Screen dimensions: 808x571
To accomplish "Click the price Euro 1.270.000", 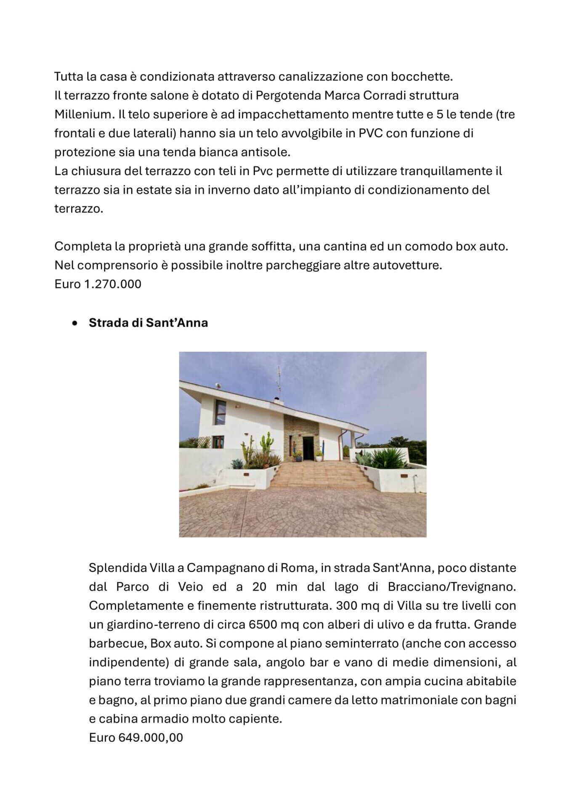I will [x=98, y=284].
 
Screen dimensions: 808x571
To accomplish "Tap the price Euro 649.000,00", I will [x=136, y=738].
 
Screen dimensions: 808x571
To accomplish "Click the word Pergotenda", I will [x=287, y=96].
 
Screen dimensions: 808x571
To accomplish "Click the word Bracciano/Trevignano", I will [x=451, y=587].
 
